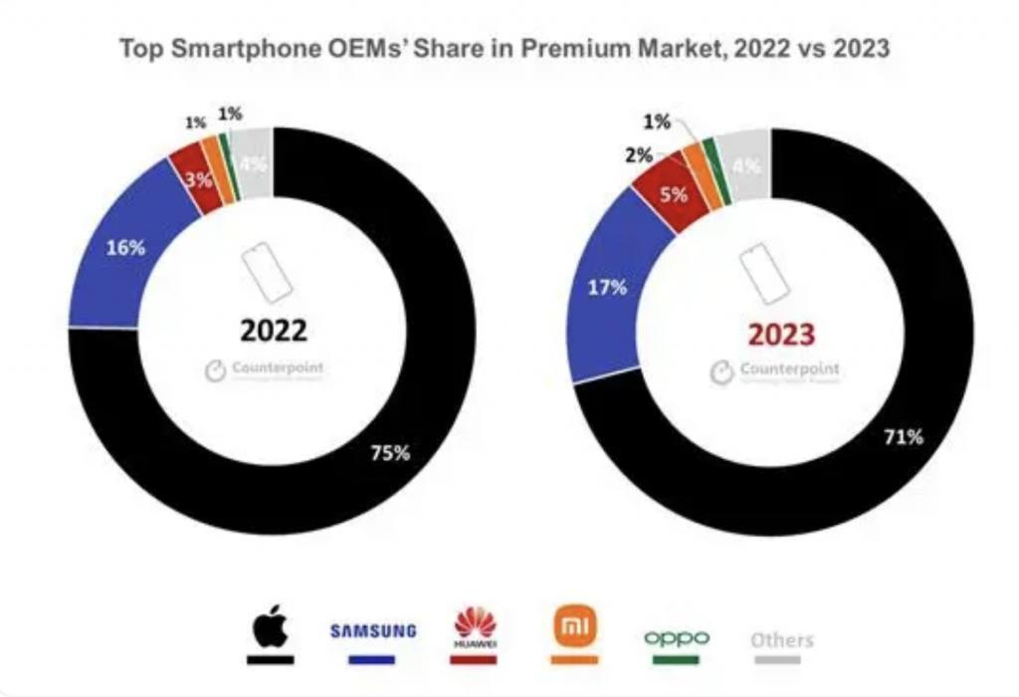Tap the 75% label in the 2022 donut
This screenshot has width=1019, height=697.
389,453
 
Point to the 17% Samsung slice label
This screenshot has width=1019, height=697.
607,288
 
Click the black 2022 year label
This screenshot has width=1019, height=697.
273,331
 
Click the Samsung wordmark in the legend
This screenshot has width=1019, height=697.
372,632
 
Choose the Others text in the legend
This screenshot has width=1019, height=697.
781,639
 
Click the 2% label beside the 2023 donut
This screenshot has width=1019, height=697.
639,155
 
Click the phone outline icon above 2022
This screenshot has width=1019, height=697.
268,270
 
